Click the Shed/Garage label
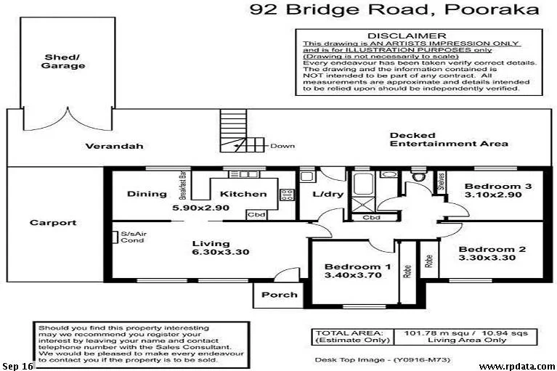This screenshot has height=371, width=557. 65,61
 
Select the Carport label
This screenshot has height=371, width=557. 52,223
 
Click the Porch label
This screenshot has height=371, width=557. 279,295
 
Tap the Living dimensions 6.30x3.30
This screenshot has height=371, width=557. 211,253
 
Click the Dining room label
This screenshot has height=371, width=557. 142,194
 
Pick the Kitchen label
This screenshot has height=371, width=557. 243,194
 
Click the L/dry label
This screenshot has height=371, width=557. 322,194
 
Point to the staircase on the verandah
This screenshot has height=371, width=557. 235,131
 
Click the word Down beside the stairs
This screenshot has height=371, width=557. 282,146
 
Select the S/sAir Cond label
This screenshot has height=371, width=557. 132,237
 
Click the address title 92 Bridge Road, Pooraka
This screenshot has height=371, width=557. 394,9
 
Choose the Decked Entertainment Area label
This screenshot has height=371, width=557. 448,139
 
